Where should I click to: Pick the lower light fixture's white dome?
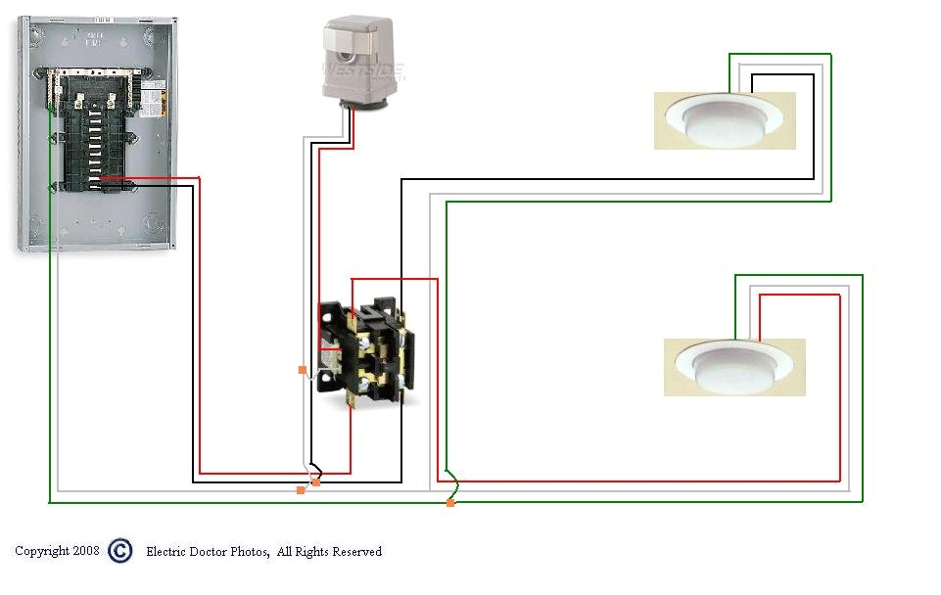pos(734,367)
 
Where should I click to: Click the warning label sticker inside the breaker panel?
pos(154,99)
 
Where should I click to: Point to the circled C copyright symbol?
pos(119,551)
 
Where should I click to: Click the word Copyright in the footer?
pos(42,551)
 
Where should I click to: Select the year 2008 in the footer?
pos(86,551)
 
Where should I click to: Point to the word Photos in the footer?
pos(250,552)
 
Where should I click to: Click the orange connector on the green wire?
pos(450,503)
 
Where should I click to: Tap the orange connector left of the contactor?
pos(303,370)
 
